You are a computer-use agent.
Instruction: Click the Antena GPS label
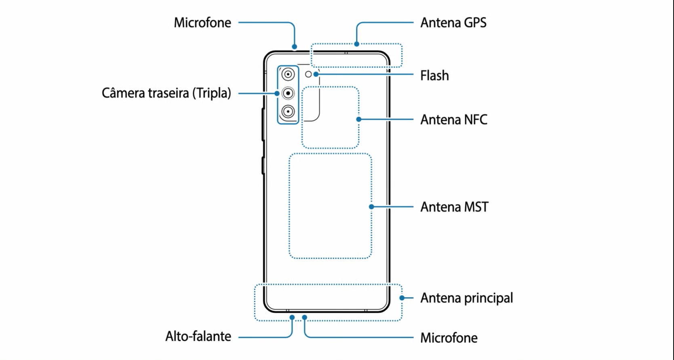coord(453,23)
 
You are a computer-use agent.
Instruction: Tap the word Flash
coord(434,76)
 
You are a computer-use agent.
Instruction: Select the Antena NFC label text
coord(453,120)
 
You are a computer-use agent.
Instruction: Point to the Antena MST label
coord(454,207)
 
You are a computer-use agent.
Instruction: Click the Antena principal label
coord(466,298)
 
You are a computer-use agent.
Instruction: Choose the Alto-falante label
coord(198,336)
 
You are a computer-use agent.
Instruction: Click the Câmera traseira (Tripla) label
coord(166,93)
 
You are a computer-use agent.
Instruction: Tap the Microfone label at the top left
coord(202,23)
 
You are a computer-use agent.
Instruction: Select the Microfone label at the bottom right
coord(449,338)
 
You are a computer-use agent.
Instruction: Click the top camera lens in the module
coord(288,74)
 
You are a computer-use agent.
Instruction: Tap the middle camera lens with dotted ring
coord(288,93)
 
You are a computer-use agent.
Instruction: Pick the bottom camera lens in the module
coord(288,112)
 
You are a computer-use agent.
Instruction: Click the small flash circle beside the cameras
coord(308,74)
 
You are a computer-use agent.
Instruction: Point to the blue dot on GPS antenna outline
coord(356,44)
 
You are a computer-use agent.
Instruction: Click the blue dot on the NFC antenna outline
coord(358,119)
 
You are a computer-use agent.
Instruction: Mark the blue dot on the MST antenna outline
coord(371,207)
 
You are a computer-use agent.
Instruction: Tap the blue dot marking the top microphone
coord(294,47)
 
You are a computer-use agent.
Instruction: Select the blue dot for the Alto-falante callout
coord(292,318)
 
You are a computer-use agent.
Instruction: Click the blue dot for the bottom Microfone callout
coord(305,318)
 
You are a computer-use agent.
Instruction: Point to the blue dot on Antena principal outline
coord(402,298)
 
